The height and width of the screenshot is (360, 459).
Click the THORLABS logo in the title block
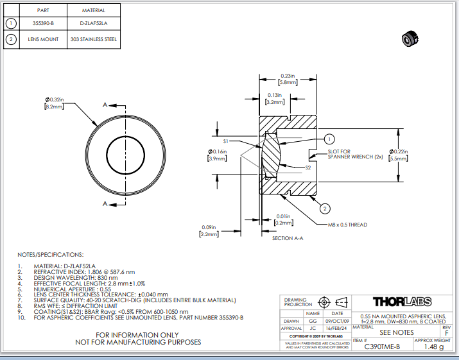coord(402,302)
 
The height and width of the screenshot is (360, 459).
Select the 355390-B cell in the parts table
coord(43,23)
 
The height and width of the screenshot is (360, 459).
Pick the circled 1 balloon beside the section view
coord(329,139)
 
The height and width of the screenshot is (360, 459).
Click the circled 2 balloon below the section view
coord(325,208)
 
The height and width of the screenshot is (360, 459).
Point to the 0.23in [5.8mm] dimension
coord(287,79)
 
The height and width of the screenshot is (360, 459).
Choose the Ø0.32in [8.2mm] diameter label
coord(55,103)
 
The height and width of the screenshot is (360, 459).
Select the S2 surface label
coord(308,167)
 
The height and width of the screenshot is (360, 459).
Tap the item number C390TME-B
coord(382,347)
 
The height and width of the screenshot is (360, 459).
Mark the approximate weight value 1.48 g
coord(433,347)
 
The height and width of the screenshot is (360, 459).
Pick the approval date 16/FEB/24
coord(337,328)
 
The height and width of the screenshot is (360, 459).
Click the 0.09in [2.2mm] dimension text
coord(209,231)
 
